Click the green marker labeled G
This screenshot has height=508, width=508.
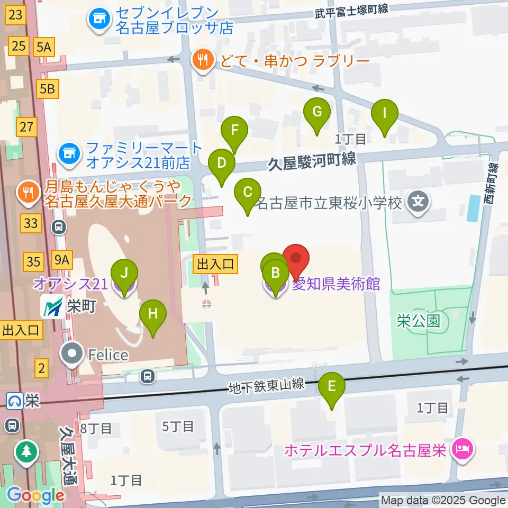tap(317, 113)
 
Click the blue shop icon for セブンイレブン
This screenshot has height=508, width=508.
tap(98, 21)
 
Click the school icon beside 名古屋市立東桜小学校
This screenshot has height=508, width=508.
tap(419, 202)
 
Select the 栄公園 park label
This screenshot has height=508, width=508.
tap(419, 321)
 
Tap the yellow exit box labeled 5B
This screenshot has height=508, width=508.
tap(47, 89)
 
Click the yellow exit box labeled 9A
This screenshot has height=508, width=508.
tap(61, 260)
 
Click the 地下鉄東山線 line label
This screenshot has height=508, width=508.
tap(267, 386)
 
